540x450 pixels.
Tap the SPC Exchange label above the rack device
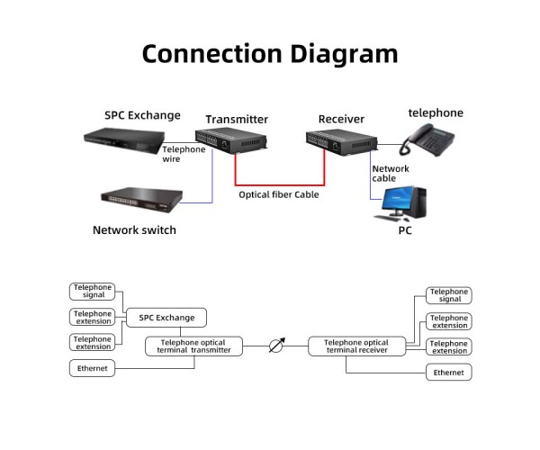(x=142, y=115)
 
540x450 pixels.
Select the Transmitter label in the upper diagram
(x=237, y=119)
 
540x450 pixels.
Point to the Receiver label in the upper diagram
(x=341, y=119)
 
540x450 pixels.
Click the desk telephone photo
(x=427, y=140)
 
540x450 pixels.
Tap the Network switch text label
(x=134, y=229)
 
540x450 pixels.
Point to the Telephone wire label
(x=184, y=154)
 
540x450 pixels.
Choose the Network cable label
(x=390, y=173)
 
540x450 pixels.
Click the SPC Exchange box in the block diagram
(x=166, y=318)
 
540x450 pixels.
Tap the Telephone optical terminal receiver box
(x=355, y=346)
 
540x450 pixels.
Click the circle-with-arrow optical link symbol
(x=276, y=346)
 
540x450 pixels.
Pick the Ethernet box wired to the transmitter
(x=93, y=368)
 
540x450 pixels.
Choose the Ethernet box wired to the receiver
(x=448, y=372)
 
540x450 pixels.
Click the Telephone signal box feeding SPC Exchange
(x=93, y=291)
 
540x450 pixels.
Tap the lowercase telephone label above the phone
(x=436, y=113)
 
